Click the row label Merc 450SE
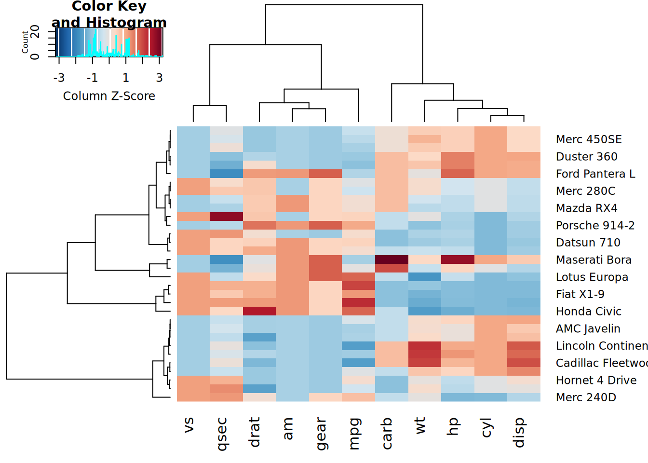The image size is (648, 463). coord(589,139)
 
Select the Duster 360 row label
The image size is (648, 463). coord(586,157)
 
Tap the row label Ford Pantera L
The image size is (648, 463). coord(595,174)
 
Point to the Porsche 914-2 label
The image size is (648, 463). coord(595,225)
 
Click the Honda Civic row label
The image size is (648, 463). coord(588,312)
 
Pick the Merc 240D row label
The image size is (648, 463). coord(586,397)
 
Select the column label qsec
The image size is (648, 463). coord(221,434)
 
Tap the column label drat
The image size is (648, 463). coord(255,432)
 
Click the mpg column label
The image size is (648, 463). coord(354,434)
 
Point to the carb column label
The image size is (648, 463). coord(387,433)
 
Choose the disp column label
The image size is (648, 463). coord(519,433)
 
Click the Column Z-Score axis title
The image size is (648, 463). coord(109,96)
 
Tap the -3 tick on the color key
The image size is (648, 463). coord(59,78)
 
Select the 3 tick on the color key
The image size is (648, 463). coord(160,78)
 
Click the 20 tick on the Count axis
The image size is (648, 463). coord(35,32)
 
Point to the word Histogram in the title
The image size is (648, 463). coord(126,22)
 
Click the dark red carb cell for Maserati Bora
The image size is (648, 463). coord(391,259)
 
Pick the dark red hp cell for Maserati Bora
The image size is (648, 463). coord(458,259)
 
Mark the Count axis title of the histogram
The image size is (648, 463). coord(25,42)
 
